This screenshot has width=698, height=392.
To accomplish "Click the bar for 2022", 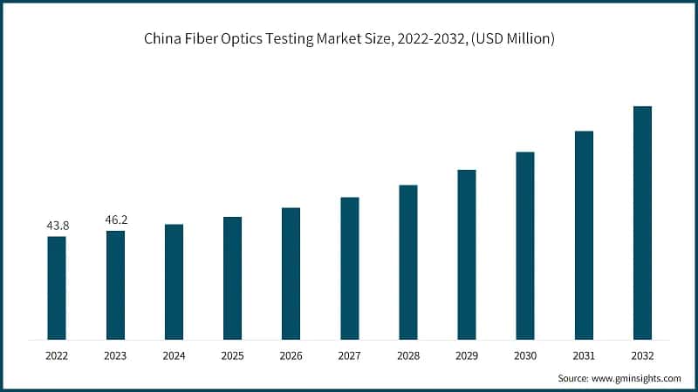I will pos(57,287).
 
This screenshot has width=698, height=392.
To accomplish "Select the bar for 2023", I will pos(115,285).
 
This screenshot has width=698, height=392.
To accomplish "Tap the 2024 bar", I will pos(174,281).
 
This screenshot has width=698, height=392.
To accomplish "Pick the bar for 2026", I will pos(291,274).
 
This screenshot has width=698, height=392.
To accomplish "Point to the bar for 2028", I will pos(407,262).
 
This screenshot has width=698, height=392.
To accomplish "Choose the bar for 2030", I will pos(524,246).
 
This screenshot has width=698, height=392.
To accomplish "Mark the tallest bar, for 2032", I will pos(641,223).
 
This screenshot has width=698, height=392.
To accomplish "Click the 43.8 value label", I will pos(58,226).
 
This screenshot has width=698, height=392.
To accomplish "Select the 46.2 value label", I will pos(116,220).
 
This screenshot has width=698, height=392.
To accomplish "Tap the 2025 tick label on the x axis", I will pos(232,355).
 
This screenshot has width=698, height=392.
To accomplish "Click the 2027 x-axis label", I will pos(349,355).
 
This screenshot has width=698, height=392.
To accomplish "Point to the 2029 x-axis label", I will pos(466,355).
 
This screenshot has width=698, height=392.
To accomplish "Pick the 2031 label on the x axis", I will pos(583,355).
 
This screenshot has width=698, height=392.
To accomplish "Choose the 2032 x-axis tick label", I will pos(641,355).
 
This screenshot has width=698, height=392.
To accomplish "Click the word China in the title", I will pos(163,38).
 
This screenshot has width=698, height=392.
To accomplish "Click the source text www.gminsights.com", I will pos(636,379).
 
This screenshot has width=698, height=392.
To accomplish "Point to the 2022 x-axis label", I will pos(57,355).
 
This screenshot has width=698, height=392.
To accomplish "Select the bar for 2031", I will pos(583,235).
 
